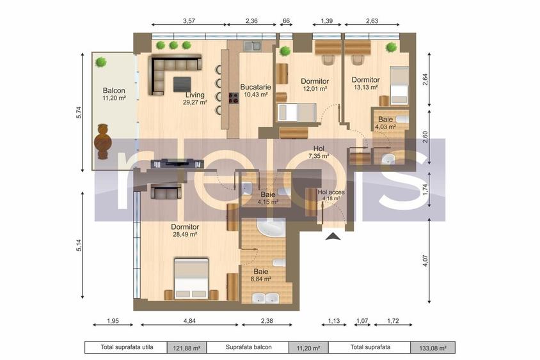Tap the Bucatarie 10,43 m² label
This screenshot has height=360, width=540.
254,90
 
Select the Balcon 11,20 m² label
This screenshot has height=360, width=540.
114,95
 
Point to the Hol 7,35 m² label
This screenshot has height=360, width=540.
318,152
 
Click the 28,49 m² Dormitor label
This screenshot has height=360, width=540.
185,230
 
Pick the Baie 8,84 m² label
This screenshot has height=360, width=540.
260,275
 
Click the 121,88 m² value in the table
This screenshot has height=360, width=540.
187,348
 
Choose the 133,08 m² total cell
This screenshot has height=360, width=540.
433,348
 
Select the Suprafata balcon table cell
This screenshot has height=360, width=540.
248,348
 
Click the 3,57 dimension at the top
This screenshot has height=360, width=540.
189,21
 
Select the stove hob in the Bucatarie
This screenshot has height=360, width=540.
234,98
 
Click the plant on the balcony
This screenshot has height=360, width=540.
101,62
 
